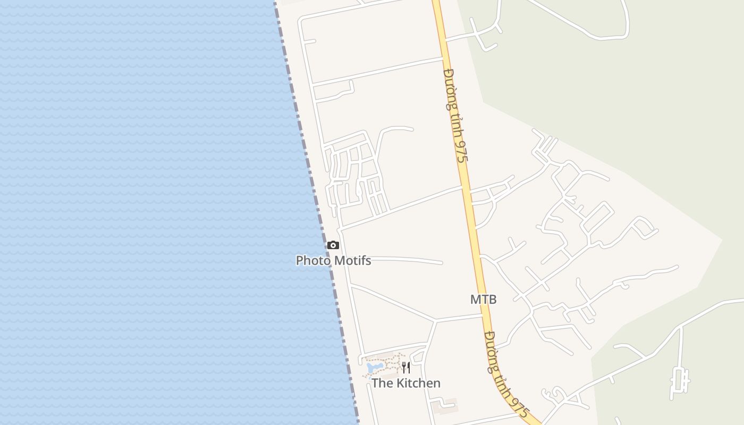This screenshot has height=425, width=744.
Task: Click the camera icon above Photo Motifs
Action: point(333,245)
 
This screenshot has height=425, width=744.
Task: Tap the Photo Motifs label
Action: point(333,260)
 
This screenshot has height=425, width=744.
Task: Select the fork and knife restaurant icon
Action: point(405,367)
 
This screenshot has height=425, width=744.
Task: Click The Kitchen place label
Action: point(406,383)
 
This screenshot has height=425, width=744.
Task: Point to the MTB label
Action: point(483,299)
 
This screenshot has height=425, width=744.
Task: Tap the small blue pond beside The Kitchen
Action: point(374,367)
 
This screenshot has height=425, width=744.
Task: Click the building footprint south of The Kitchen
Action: point(444,406)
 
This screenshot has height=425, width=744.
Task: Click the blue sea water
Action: point(133,212)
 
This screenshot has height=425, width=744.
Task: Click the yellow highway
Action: point(472,223)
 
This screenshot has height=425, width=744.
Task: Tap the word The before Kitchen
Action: point(381,383)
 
